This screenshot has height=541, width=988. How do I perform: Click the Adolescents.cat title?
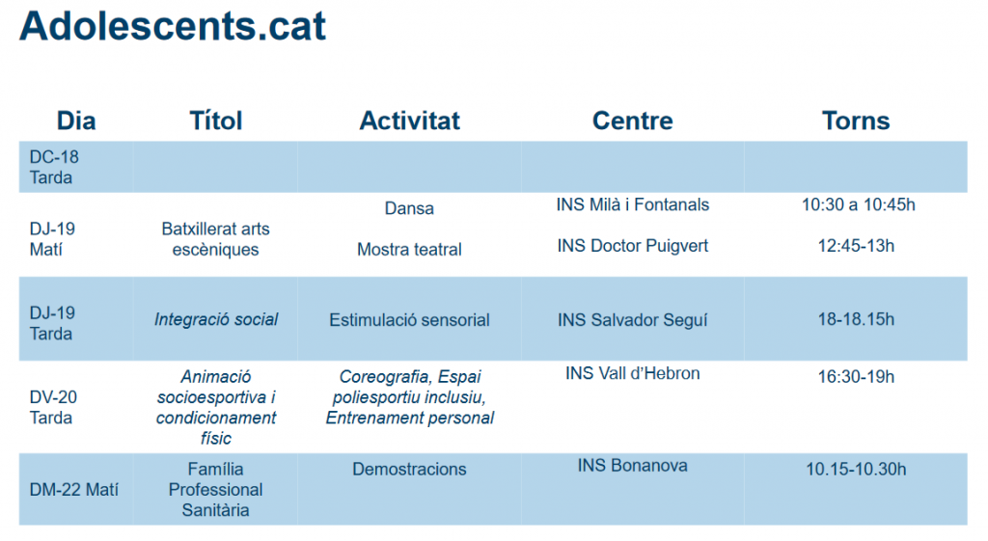pyautogui.click(x=173, y=26)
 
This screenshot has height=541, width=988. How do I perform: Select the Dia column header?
pyautogui.click(x=76, y=121)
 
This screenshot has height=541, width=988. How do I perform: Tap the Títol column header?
pyautogui.click(x=215, y=121)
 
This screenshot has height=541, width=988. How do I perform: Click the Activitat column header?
pyautogui.click(x=409, y=121)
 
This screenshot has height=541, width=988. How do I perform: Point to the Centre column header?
pyautogui.click(x=633, y=121)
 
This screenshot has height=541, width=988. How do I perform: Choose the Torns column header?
pyautogui.click(x=856, y=121)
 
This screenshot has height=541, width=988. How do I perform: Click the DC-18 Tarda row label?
pyautogui.click(x=54, y=167)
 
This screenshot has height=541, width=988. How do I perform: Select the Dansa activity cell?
pyautogui.click(x=409, y=208)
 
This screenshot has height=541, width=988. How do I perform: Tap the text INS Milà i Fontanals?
pyautogui.click(x=633, y=204)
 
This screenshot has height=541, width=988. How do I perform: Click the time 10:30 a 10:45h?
pyautogui.click(x=858, y=204)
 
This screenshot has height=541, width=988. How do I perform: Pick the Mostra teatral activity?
pyautogui.click(x=409, y=250)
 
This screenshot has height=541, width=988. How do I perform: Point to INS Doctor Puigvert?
pyautogui.click(x=633, y=246)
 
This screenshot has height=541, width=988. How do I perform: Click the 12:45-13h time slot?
pyautogui.click(x=856, y=246)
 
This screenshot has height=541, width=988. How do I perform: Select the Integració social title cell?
pyautogui.click(x=216, y=320)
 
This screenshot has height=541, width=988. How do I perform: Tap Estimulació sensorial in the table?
pyautogui.click(x=409, y=320)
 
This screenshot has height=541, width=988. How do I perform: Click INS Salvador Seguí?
pyautogui.click(x=633, y=320)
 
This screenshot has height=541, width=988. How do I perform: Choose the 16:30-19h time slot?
pyautogui.click(x=856, y=377)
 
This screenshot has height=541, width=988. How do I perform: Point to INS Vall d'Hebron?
pyautogui.click(x=633, y=373)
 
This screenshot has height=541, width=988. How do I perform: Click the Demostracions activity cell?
pyautogui.click(x=409, y=470)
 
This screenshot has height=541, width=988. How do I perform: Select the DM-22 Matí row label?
pyautogui.click(x=73, y=489)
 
